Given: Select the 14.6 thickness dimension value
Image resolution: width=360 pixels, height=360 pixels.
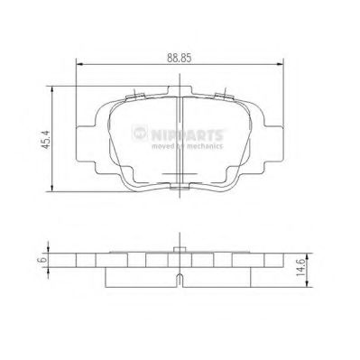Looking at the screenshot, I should tap(312, 267).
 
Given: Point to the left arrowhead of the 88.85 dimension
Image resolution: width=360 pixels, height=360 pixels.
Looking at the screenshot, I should tap(77, 65).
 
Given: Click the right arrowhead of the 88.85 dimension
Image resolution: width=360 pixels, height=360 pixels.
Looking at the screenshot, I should tap(285, 65).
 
